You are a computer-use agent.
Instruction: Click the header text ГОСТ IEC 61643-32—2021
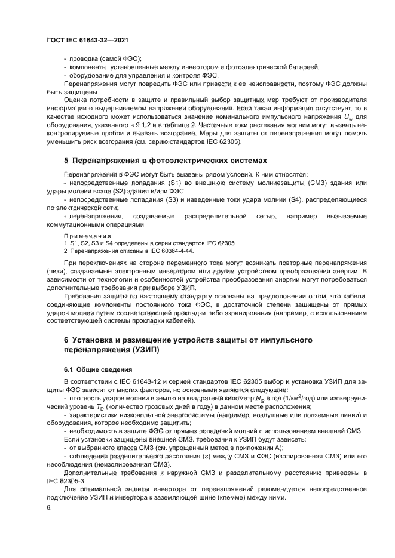(88, 41)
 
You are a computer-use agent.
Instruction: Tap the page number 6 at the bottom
(48, 507)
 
